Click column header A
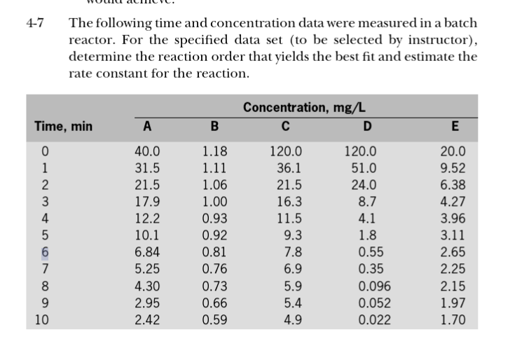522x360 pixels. click(146, 127)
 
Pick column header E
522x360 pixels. click(455, 127)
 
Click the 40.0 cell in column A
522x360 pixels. click(147, 151)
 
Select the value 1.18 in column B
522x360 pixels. click(214, 151)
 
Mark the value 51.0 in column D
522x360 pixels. click(364, 167)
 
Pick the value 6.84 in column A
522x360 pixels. click(147, 252)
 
